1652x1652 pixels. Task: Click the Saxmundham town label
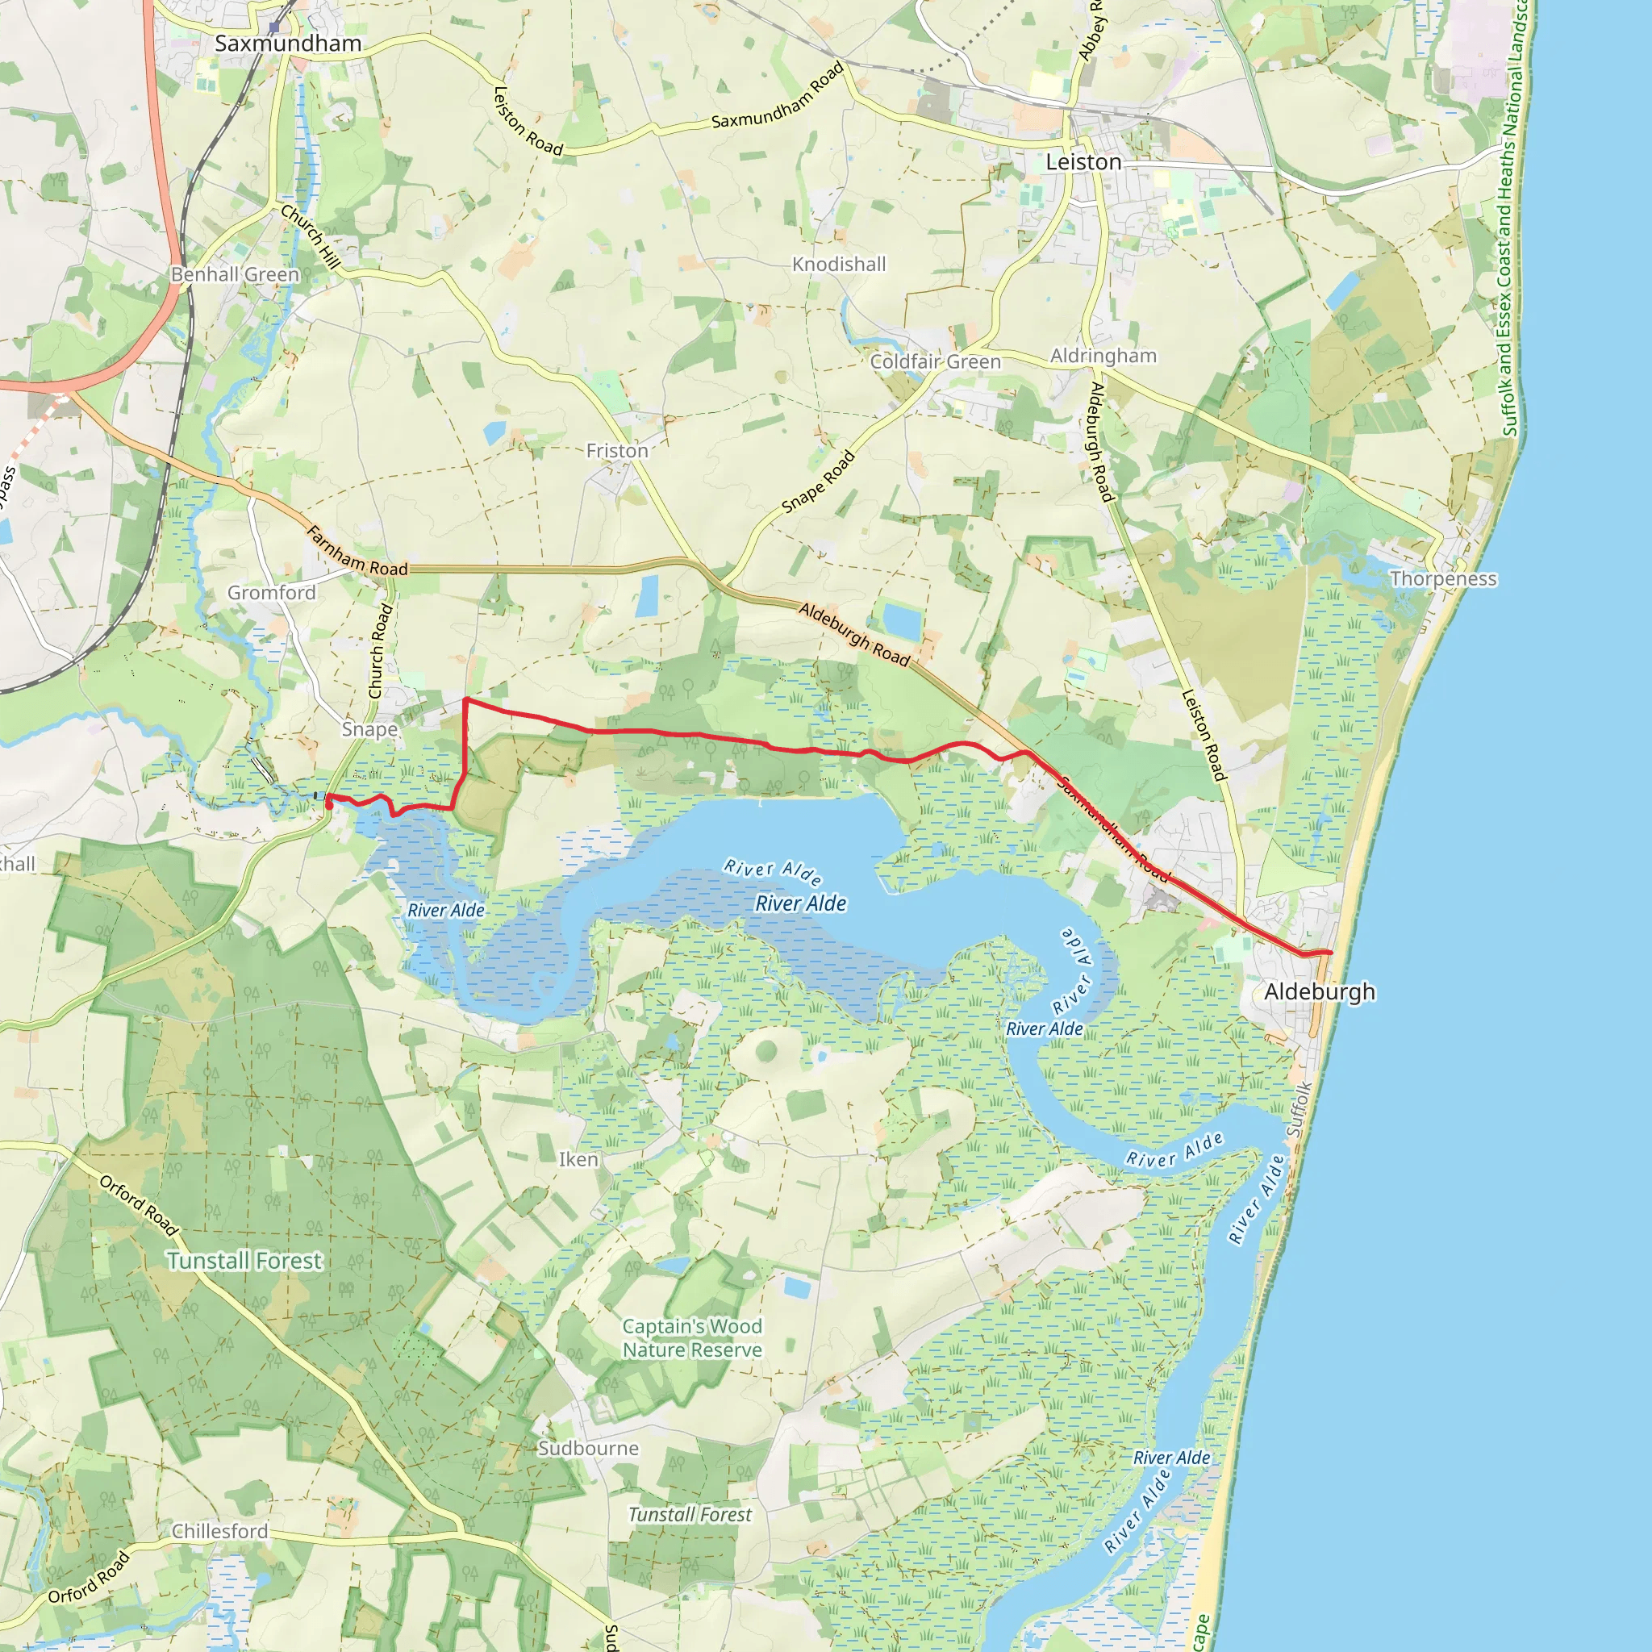click(x=287, y=44)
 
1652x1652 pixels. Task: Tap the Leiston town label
click(x=1083, y=161)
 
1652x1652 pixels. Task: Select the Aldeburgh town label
click(x=1320, y=992)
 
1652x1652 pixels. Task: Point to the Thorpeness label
click(x=1443, y=579)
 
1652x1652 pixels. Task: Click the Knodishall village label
click(x=839, y=265)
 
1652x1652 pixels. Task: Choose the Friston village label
click(x=616, y=451)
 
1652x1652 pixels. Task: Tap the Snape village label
click(x=369, y=729)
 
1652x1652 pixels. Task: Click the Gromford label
click(x=271, y=593)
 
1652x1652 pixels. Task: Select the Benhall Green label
click(x=236, y=274)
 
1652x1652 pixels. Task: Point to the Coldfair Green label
click(x=936, y=361)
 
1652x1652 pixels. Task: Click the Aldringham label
click(x=1103, y=356)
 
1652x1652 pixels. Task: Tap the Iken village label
click(x=578, y=1159)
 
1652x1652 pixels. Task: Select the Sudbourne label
click(x=588, y=1449)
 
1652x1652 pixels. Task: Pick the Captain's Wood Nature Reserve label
click(x=692, y=1338)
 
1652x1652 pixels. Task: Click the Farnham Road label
click(x=357, y=552)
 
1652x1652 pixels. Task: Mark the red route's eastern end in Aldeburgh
click(x=1329, y=953)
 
